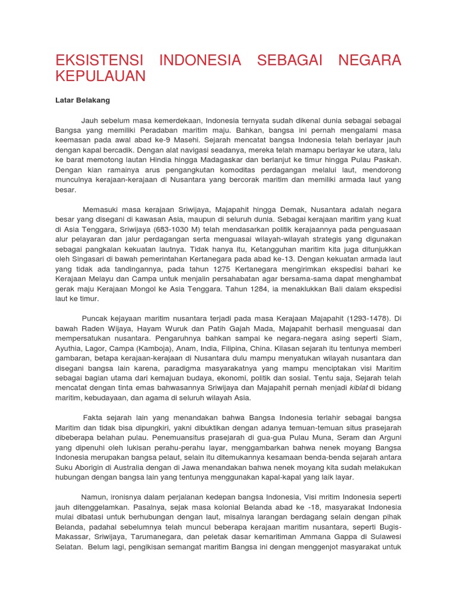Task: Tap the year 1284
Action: pos(237,288)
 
